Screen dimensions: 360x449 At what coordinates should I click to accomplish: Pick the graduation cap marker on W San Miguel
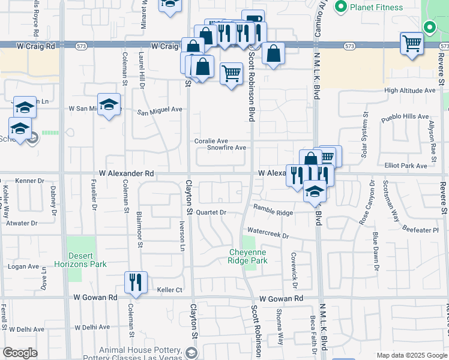pos(109,105)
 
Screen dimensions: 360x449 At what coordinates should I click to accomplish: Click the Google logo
pos(20,353)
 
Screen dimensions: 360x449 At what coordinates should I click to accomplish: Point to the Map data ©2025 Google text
pos(411,355)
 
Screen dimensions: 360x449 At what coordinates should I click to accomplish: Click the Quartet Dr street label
pos(214,212)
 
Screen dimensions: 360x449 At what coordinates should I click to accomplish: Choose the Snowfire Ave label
pos(226,148)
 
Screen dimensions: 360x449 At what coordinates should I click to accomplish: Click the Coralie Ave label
pos(211,141)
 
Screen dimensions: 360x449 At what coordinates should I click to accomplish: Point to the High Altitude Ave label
pos(409,91)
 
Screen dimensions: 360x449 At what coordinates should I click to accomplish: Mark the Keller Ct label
pos(169,290)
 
